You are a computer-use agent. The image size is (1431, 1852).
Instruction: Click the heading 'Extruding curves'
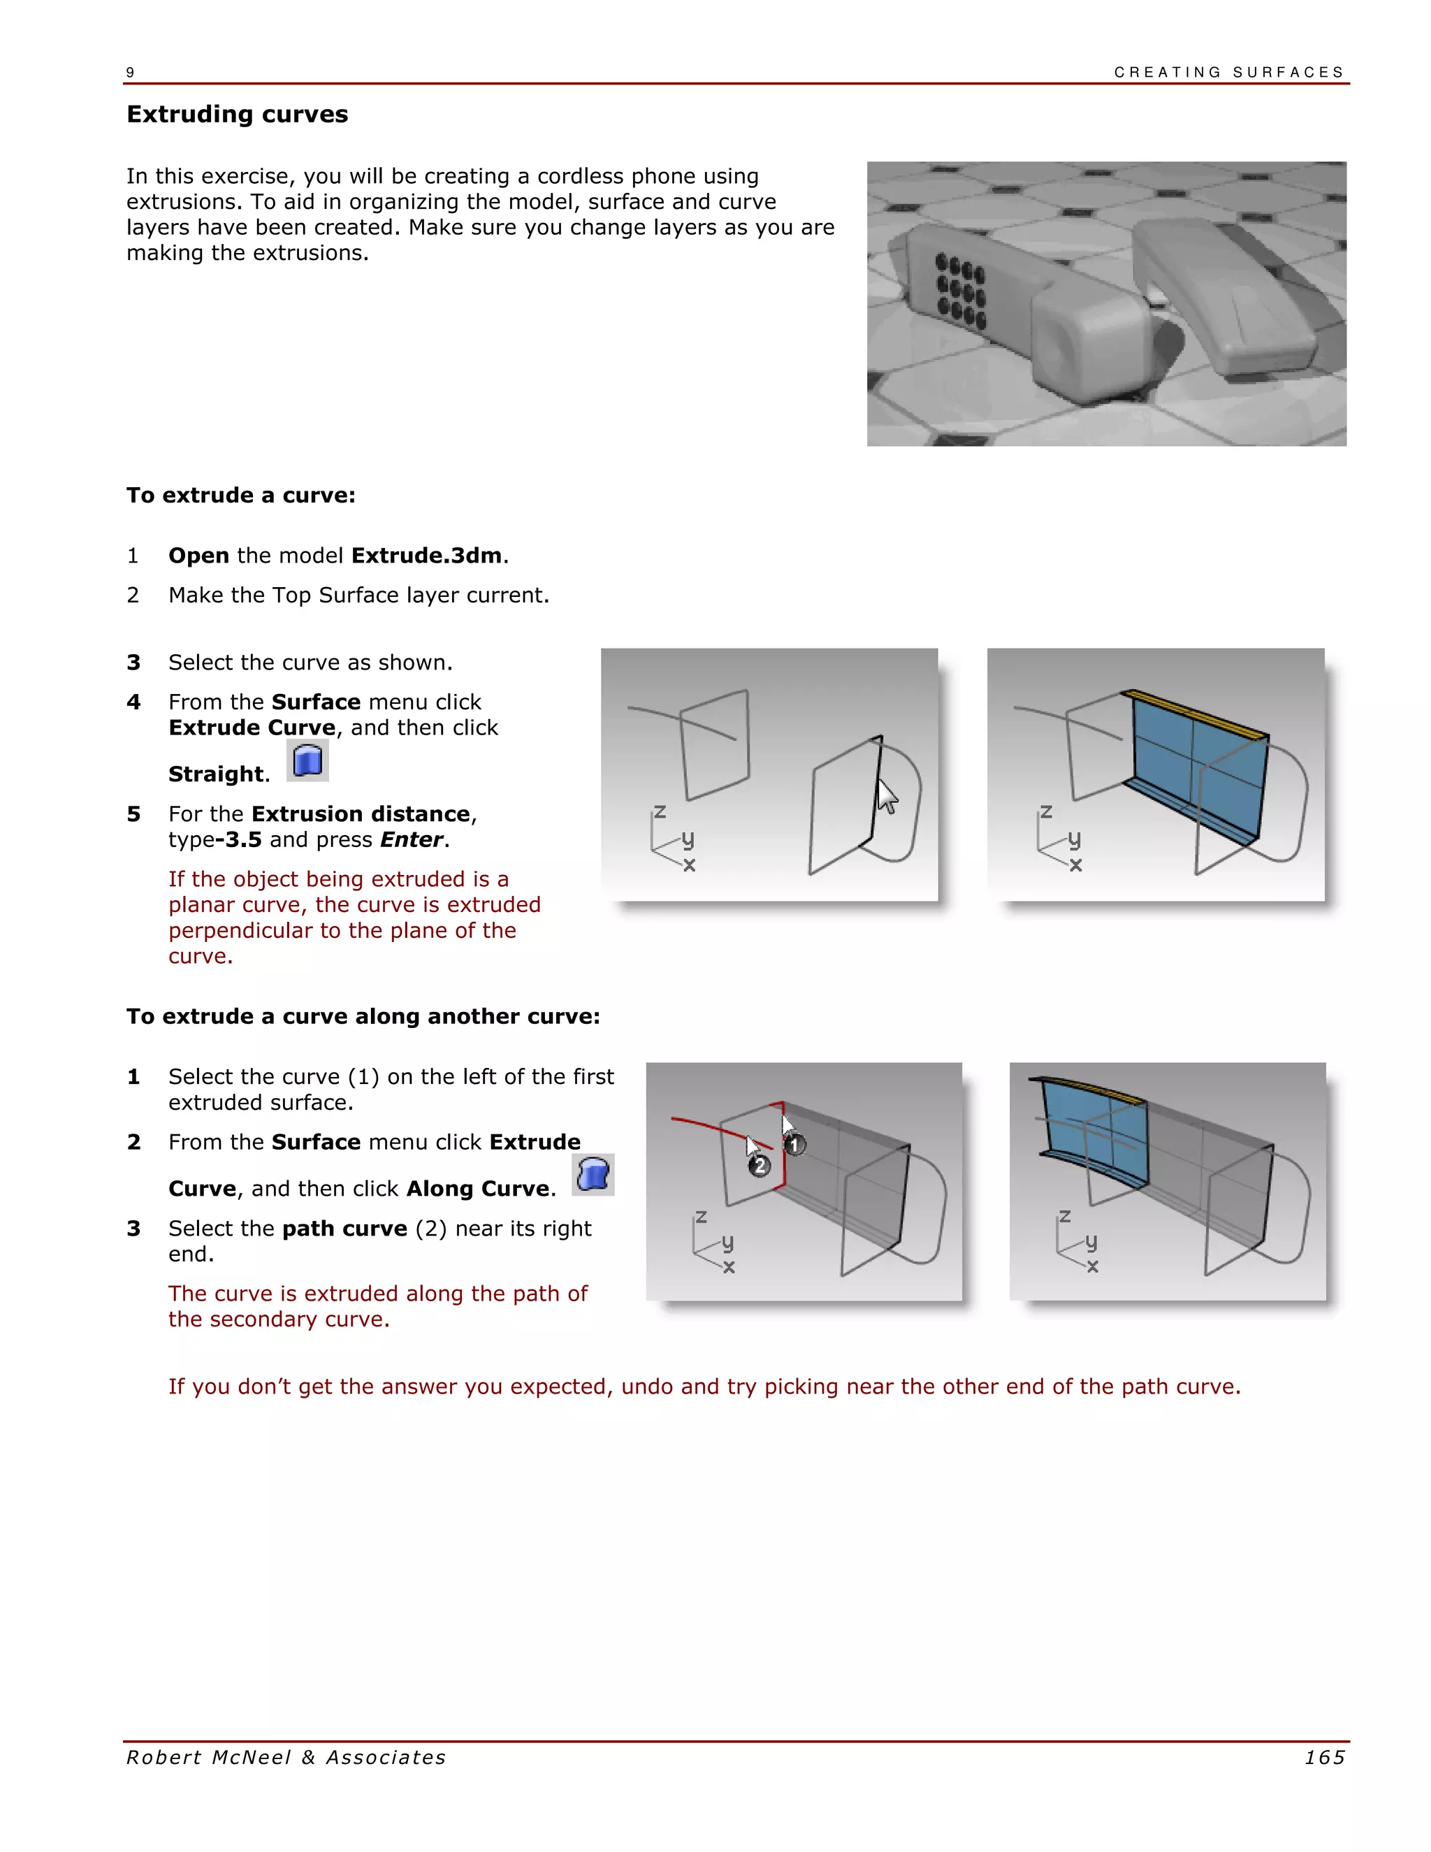pos(238,115)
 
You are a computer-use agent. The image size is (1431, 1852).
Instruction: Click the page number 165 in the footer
pos(1324,1758)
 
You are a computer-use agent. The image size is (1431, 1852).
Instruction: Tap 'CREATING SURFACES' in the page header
pos(1228,72)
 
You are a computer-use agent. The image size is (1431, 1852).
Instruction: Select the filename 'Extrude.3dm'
pos(426,556)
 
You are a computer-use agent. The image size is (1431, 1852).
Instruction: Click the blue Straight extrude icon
pos(307,760)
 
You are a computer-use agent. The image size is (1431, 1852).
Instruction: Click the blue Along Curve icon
pos(593,1175)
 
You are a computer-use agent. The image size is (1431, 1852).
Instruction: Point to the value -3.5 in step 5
pos(238,839)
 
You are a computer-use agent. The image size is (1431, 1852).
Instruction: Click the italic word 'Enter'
pos(411,839)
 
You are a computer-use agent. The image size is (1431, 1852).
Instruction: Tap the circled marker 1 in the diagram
pos(794,1145)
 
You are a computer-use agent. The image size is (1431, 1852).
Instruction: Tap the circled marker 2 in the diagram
pos(760,1166)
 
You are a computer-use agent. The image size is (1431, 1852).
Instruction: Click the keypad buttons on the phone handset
pos(961,290)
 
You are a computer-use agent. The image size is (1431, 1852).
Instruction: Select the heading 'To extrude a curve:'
pos(241,495)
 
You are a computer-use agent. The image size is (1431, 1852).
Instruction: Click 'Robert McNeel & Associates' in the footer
pos(286,1758)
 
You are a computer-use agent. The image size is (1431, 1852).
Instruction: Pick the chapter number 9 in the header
pos(130,73)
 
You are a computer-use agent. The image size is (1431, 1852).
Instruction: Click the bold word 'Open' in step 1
pos(198,556)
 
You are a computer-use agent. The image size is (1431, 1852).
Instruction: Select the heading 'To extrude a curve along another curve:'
pos(363,1017)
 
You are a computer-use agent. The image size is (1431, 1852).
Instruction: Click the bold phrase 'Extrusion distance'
pos(361,814)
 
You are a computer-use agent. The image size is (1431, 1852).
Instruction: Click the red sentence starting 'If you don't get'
pos(704,1387)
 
